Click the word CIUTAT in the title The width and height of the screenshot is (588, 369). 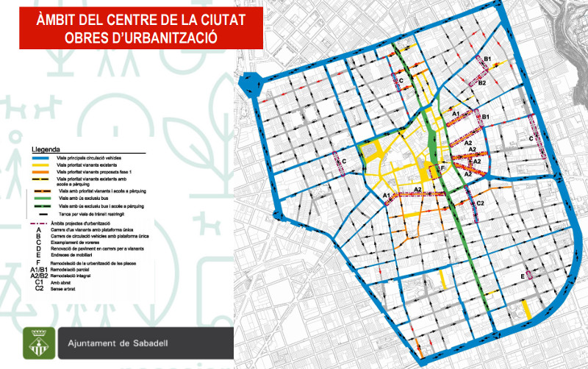(212, 18)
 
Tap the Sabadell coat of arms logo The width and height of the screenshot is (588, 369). (37, 343)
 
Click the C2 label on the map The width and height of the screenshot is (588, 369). (480, 203)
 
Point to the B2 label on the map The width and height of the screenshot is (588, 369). (482, 83)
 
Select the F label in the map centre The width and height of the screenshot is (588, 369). (442, 169)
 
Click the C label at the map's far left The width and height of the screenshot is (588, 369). (344, 162)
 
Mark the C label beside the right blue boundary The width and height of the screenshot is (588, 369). (531, 137)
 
